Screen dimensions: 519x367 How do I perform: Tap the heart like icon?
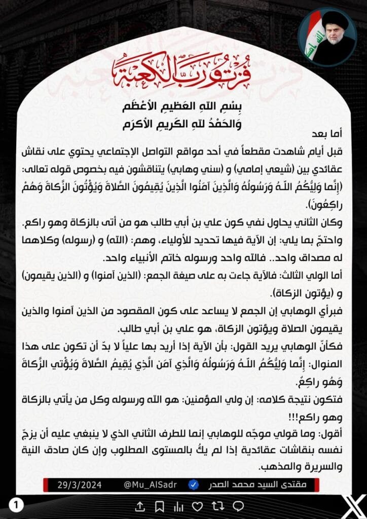click(x=198, y=506)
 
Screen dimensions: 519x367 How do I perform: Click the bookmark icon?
click(x=159, y=506)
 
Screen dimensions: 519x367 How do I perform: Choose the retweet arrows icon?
click(x=217, y=506)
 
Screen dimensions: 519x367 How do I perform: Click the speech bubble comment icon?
click(x=238, y=506)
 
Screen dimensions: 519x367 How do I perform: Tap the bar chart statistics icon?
click(x=178, y=506)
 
